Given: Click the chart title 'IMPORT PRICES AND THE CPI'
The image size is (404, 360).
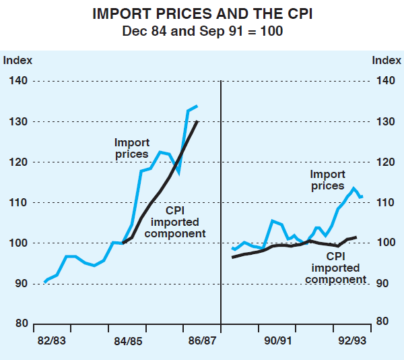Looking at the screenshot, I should [x=201, y=13].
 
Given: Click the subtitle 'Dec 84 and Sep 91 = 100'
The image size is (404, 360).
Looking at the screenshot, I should [x=201, y=30].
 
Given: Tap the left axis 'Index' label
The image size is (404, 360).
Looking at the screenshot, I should [x=18, y=60].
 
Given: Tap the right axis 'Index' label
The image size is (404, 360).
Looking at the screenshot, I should [x=385, y=60].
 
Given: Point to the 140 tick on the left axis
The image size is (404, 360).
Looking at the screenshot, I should [x=18, y=81].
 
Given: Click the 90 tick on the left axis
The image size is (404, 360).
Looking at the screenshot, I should [x=21, y=283].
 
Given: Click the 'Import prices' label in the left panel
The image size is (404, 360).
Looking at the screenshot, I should [x=131, y=148].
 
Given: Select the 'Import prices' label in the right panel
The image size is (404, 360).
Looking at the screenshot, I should [x=328, y=180].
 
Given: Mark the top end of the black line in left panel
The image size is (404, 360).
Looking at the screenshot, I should [x=197, y=122].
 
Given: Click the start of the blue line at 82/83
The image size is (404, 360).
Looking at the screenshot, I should [x=45, y=281].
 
